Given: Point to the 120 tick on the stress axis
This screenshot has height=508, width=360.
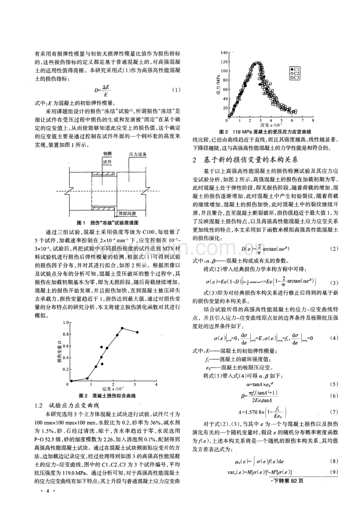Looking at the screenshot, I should tap(223, 61).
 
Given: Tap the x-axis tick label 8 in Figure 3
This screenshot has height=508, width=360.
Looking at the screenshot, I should tap(313, 121).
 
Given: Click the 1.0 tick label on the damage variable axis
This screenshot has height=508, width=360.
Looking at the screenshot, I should tap(65, 322).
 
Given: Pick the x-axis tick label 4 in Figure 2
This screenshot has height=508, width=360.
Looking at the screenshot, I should tap(156, 385).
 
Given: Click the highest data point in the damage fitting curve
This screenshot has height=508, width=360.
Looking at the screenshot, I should tap(122, 328).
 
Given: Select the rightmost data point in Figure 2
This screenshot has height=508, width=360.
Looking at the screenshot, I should tap(137, 332).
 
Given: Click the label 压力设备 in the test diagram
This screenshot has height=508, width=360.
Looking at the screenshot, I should tap(138, 155).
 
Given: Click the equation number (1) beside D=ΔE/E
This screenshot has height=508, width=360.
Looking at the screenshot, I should tap(176, 90).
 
